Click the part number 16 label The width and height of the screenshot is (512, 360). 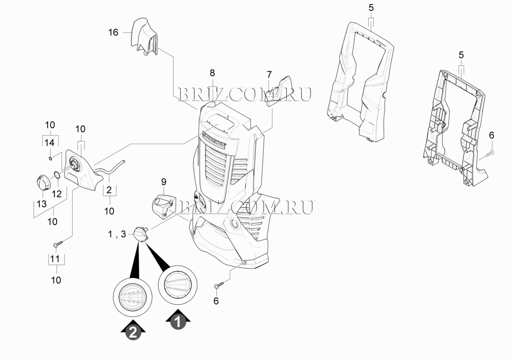point(113,33)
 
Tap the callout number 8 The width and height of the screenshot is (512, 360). point(212,73)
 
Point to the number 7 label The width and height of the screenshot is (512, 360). point(269,74)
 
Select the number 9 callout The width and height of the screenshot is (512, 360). point(164,182)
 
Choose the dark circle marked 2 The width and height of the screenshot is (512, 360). point(133,332)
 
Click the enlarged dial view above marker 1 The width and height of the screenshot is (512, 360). point(177,285)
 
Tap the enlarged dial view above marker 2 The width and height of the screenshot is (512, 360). point(133,296)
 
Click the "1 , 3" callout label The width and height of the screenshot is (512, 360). point(117,234)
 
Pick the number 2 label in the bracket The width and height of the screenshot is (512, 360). point(109,190)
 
